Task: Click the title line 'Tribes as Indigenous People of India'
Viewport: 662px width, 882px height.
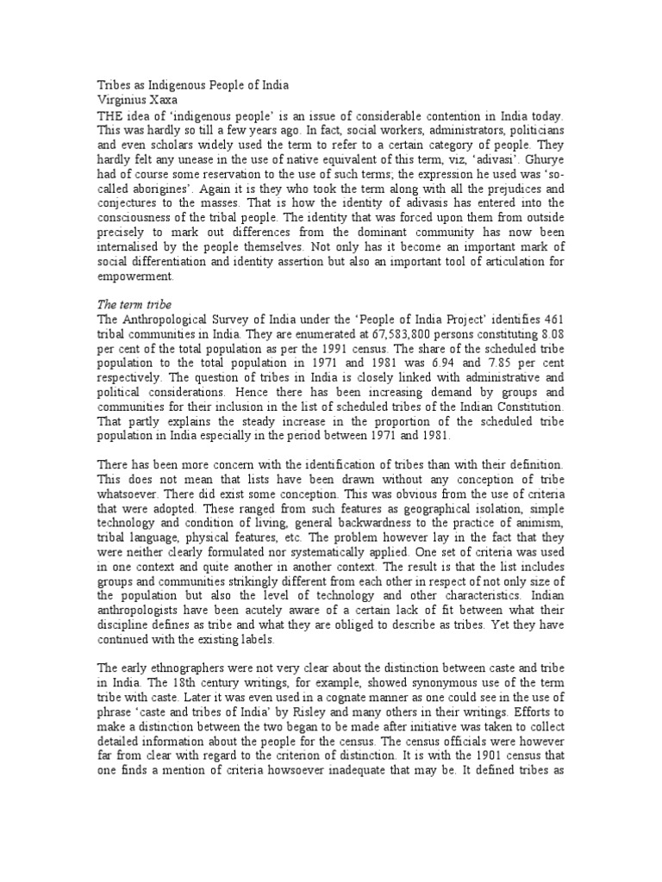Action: point(190,85)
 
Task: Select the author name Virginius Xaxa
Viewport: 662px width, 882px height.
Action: point(137,100)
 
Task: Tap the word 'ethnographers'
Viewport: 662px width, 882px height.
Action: point(188,669)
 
